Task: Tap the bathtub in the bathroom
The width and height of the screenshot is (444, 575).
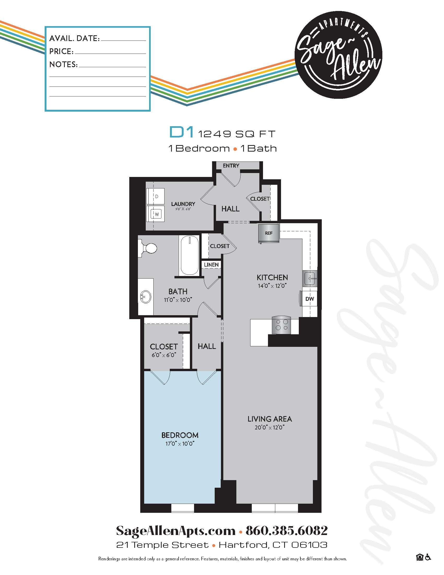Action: coord(189,256)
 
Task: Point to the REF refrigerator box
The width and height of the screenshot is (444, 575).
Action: coord(268,233)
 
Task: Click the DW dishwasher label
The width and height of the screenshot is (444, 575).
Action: coord(309,299)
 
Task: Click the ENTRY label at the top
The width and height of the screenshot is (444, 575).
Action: coord(231,166)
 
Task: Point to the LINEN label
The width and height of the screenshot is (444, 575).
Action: coord(211,264)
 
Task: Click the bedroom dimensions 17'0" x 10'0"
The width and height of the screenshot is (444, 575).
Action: coord(180,444)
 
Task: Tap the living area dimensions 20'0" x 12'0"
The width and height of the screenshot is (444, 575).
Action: coord(270,427)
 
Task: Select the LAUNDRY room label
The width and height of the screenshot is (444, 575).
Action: coord(183,204)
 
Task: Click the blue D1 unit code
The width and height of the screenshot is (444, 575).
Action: coord(182,132)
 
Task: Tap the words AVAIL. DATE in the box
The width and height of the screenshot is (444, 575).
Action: coord(74,38)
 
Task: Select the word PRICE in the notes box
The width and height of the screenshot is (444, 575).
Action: coord(61,51)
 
